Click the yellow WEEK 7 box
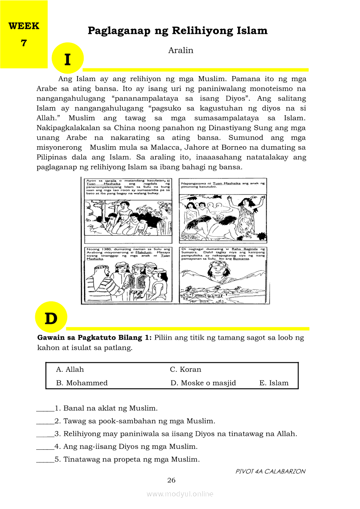coord(24,34)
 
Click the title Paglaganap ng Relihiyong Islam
coord(177,31)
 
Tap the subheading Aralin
coord(180,51)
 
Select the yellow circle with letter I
coord(67,58)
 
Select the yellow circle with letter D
coord(51,318)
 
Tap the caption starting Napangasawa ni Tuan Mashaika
coord(223,185)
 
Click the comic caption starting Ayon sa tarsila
coord(128,187)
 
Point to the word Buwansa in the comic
coord(241,259)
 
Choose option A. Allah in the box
coord(70,370)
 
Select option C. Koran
coord(185,370)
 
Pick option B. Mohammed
coord(82,383)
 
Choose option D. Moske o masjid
coord(203,383)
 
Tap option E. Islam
coord(274,383)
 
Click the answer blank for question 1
coord(45,409)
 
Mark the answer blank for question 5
coord(45,459)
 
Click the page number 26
coord(171,480)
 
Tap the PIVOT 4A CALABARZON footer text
coord(270,471)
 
